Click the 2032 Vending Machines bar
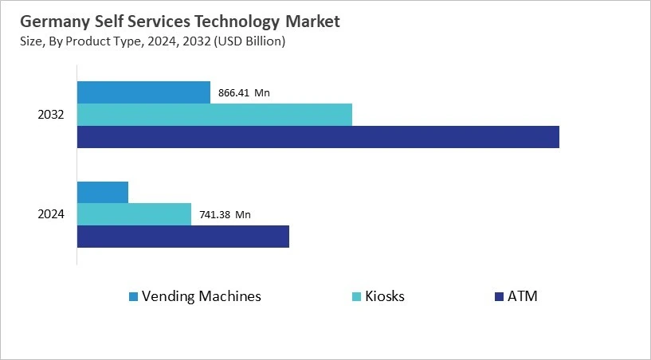coord(143,92)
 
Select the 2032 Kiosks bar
coord(214,115)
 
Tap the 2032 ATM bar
coord(318,137)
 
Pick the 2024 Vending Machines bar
coord(103,192)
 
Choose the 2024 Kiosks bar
coord(134,214)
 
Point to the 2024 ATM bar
coord(183,237)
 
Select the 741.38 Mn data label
coord(225,214)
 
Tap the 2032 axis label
coord(51,115)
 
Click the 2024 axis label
coord(51,214)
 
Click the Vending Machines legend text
coord(202,296)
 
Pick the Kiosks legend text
coord(385,296)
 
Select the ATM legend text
coord(524,296)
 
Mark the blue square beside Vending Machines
coord(133,297)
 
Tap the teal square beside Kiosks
coord(355,297)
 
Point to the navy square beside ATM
coord(500,297)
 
